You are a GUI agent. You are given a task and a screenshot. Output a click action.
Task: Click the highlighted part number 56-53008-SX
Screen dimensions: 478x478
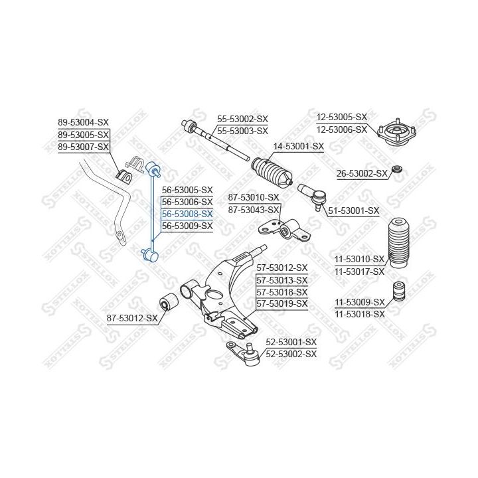[x=187, y=214]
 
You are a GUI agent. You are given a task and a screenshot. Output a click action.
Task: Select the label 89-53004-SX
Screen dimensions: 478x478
[x=83, y=122]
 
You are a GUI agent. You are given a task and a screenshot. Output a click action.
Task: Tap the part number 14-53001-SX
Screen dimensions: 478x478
[x=299, y=146]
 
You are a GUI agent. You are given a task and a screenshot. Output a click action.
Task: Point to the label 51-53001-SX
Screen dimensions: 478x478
[x=354, y=210]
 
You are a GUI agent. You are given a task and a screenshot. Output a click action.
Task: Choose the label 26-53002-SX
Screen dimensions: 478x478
[x=362, y=173]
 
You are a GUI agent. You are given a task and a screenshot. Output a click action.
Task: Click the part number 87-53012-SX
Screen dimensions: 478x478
[x=132, y=318]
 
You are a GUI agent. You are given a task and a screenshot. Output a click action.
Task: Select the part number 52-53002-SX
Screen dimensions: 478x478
[x=292, y=354]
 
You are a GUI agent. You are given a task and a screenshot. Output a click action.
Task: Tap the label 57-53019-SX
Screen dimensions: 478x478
[x=282, y=303]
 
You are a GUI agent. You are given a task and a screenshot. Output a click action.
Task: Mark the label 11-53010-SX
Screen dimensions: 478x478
[x=359, y=259]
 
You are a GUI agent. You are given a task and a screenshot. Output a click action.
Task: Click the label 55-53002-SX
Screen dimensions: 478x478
[x=242, y=119]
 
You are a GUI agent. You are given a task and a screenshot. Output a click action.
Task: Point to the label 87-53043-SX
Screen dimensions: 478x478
[x=254, y=209]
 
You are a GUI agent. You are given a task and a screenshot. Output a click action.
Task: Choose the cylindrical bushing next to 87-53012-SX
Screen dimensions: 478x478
[x=169, y=303]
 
